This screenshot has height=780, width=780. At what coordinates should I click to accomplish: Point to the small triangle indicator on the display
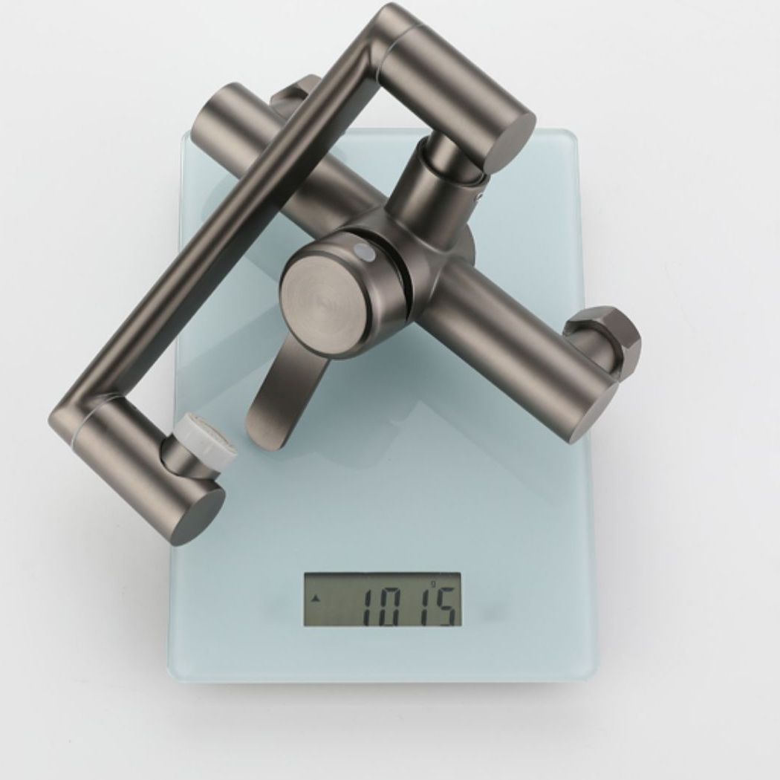pyautogui.click(x=317, y=598)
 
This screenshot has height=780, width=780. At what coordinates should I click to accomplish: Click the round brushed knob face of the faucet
pyautogui.click(x=326, y=296)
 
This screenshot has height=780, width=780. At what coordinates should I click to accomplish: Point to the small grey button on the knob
pyautogui.click(x=364, y=253)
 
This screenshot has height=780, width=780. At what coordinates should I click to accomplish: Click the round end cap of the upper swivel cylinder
pyautogui.click(x=513, y=138)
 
